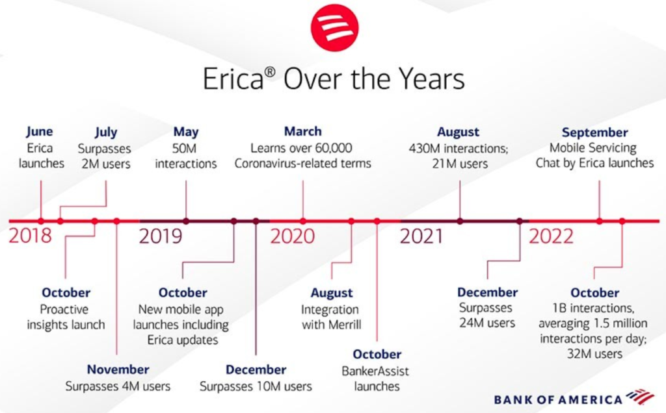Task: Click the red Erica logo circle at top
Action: pos(334,27)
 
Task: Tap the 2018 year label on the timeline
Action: pos(30,236)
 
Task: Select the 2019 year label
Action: pos(161,236)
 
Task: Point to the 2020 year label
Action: pos(293,236)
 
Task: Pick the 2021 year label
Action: pos(421,236)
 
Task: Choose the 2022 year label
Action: pos(551,236)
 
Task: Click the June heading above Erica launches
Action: pos(40,132)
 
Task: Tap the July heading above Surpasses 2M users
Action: pos(106,132)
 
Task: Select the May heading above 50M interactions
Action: pos(185,132)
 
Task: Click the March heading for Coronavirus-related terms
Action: pos(303,131)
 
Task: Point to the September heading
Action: pos(594,132)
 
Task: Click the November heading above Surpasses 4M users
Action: pos(118,369)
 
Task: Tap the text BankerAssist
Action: pos(375,371)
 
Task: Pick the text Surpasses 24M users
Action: pos(487,315)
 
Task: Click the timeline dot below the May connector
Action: pos(185,221)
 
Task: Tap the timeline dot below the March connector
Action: pos(303,221)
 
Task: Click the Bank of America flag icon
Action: pos(641,396)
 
